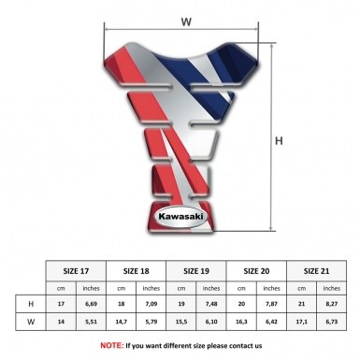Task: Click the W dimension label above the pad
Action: point(186,22)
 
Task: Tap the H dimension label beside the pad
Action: point(279,141)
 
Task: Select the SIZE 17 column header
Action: point(76,271)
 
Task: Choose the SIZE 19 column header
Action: point(196,271)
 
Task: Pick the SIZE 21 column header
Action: point(316,271)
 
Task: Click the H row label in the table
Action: point(31,304)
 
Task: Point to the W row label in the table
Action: point(31,322)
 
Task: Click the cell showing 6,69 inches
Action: point(91,304)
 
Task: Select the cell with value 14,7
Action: point(122,322)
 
